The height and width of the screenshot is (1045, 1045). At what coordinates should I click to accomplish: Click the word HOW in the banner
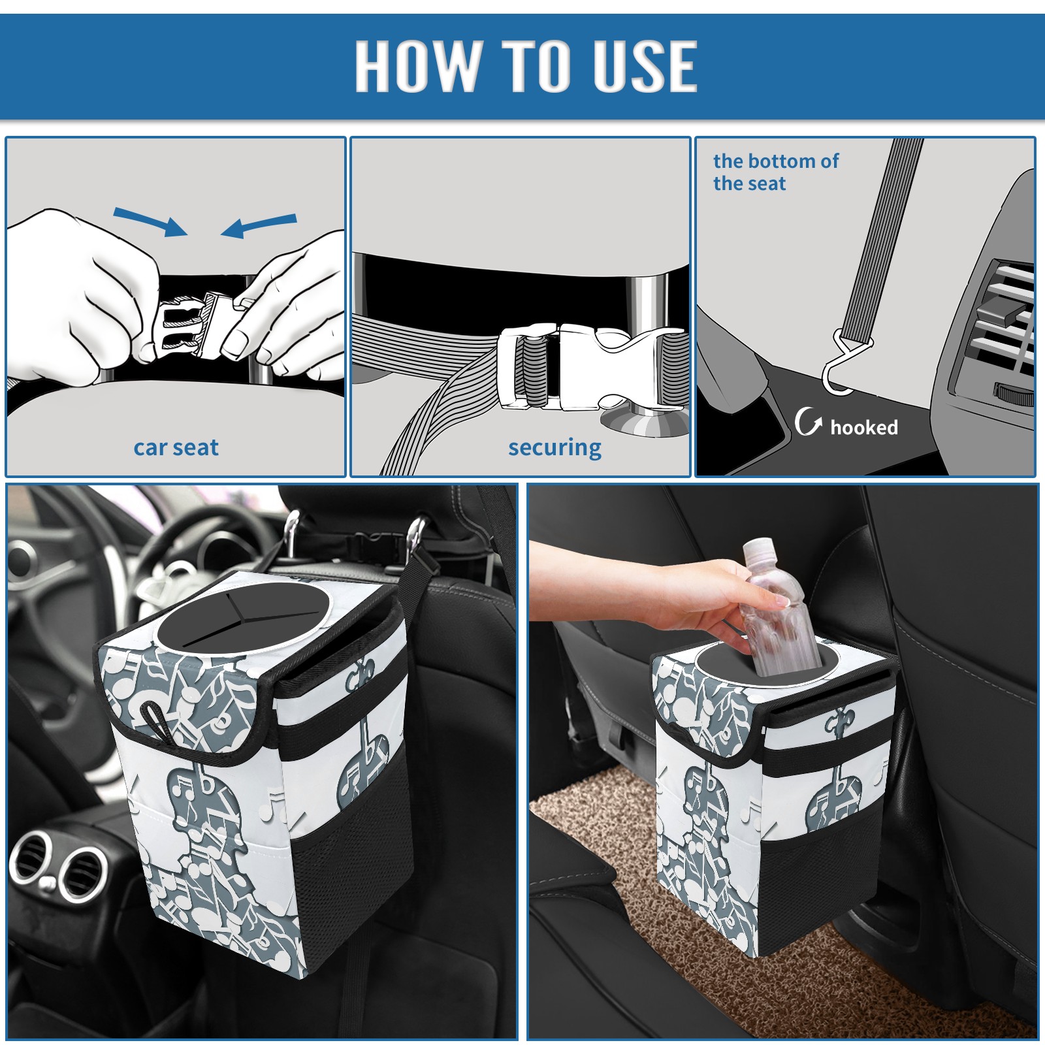(417, 65)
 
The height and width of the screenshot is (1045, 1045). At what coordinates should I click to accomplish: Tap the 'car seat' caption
(176, 448)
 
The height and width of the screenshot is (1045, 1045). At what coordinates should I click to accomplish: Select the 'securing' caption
(555, 448)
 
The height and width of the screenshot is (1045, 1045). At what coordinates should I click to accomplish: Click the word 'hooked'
(864, 427)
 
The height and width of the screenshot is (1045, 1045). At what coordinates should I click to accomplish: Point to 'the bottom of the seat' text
(775, 172)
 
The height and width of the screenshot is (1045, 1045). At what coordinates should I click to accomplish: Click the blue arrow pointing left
(259, 225)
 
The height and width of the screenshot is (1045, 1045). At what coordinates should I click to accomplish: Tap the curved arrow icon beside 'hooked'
(808, 421)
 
